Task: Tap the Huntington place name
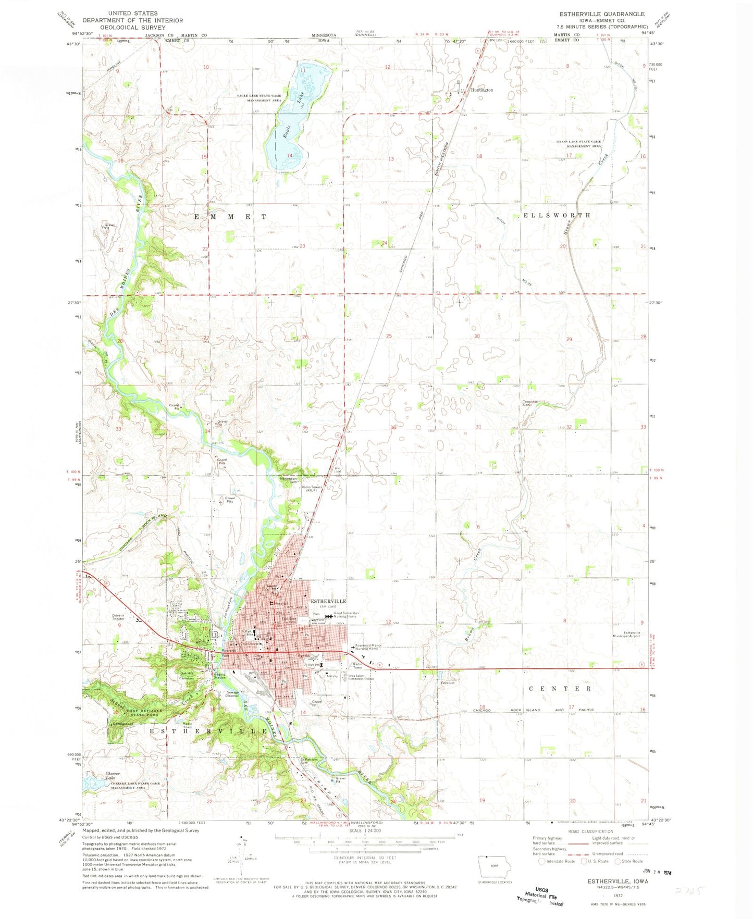pos(482,90)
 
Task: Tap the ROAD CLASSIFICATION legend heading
pos(590,831)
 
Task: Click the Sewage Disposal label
pos(232,694)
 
